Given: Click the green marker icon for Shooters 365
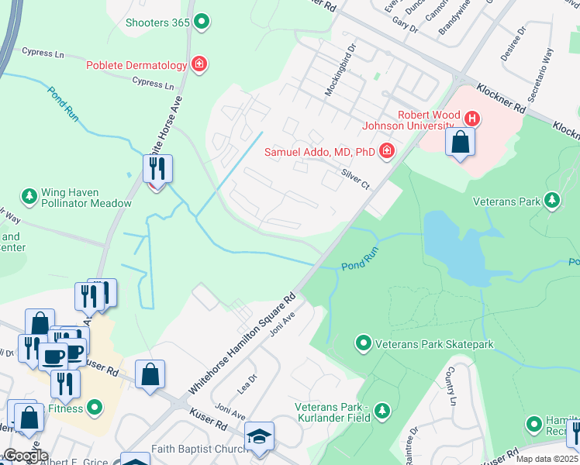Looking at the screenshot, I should [x=202, y=22].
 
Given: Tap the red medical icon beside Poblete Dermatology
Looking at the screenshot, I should [x=199, y=64].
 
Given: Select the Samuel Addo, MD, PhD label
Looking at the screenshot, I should [x=319, y=152].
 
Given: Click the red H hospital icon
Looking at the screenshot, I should [x=472, y=119].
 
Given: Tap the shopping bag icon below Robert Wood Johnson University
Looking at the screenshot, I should [x=461, y=143].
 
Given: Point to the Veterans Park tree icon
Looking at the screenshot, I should [x=551, y=201].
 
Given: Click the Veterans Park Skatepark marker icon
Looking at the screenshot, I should [x=362, y=343].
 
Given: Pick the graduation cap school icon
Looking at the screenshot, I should [x=259, y=437].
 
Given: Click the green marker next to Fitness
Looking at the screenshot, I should [x=95, y=406].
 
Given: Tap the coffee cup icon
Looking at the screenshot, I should [x=54, y=356].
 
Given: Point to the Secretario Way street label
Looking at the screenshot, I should [x=542, y=76].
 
